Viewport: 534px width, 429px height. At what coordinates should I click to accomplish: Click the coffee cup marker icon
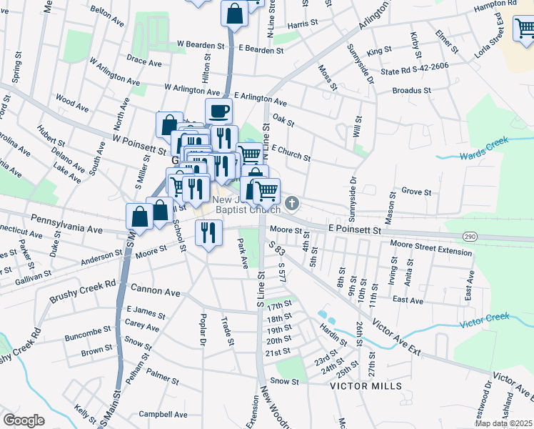[x=218, y=112]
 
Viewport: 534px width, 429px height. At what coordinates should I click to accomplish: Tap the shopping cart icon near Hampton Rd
[x=525, y=29]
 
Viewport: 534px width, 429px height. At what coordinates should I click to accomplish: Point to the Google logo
[x=24, y=420]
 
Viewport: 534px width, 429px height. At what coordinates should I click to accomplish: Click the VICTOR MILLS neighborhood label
[x=366, y=386]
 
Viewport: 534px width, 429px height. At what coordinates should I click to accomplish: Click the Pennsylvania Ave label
[x=66, y=224]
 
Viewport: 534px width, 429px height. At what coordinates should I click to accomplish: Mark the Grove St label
[x=416, y=192]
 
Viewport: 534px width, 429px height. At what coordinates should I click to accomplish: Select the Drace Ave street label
[x=145, y=63]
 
